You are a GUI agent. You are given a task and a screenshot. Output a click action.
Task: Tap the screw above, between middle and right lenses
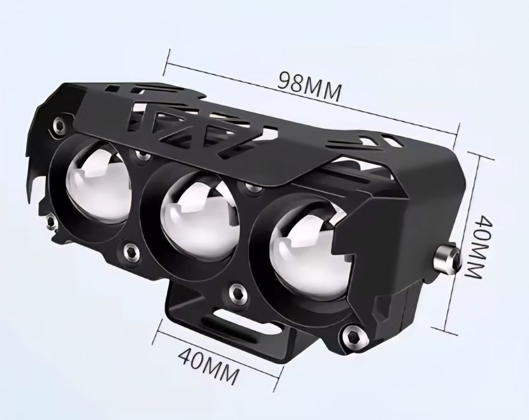[255, 187]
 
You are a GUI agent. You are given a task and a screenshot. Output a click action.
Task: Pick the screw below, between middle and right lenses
[237, 293]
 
